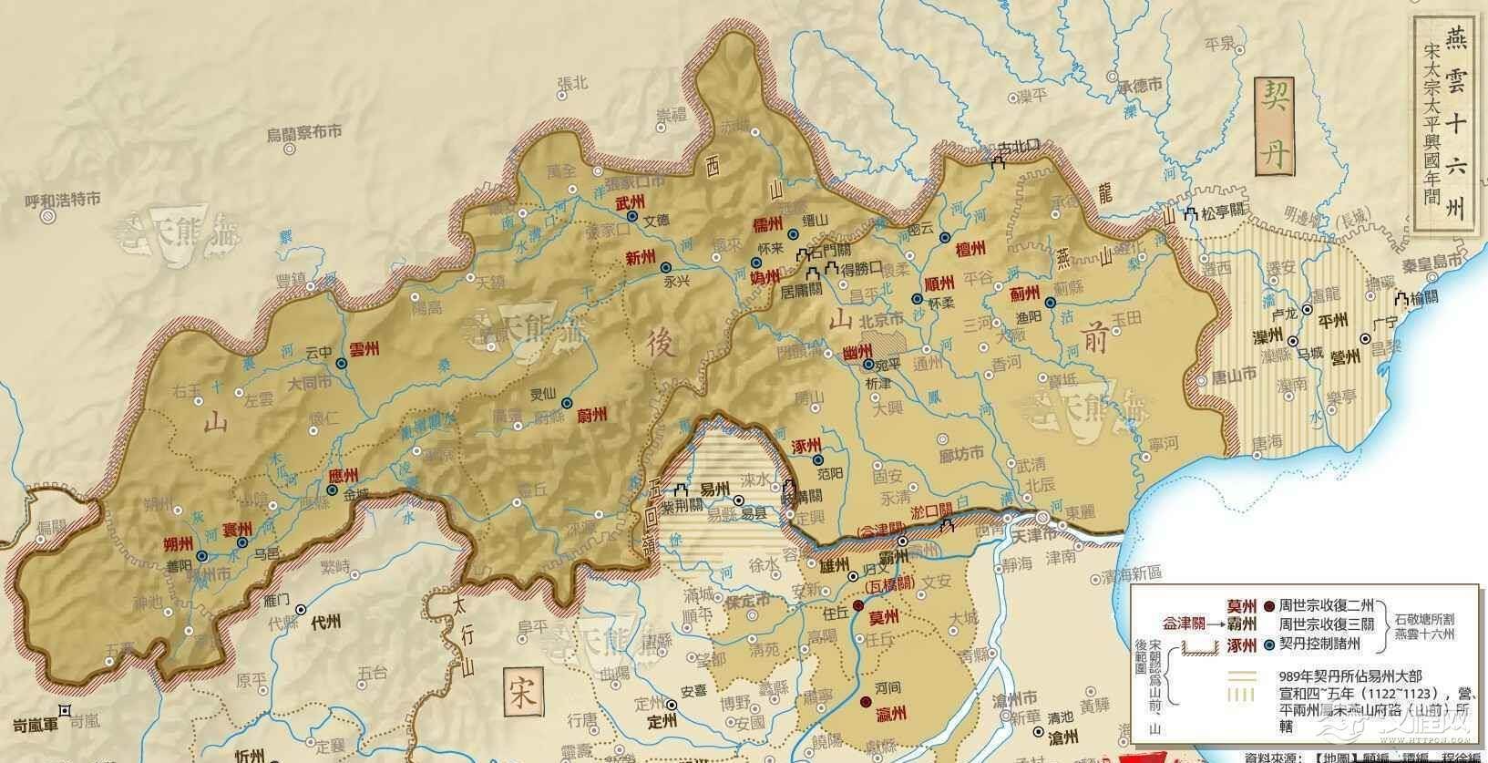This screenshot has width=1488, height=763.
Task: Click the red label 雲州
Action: click(x=364, y=349)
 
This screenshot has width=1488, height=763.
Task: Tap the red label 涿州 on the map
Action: click(x=808, y=442)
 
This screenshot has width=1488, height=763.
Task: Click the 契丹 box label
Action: click(x=1274, y=123)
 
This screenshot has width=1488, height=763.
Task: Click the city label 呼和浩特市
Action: click(x=62, y=201)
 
